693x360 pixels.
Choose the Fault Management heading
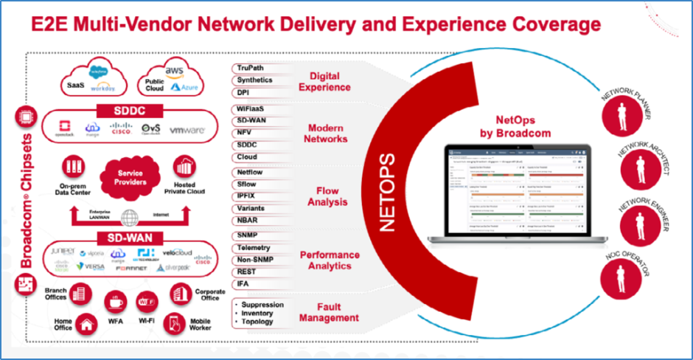tap(329, 312)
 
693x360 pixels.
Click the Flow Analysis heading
tap(328, 195)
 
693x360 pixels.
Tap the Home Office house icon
tap(86, 322)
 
